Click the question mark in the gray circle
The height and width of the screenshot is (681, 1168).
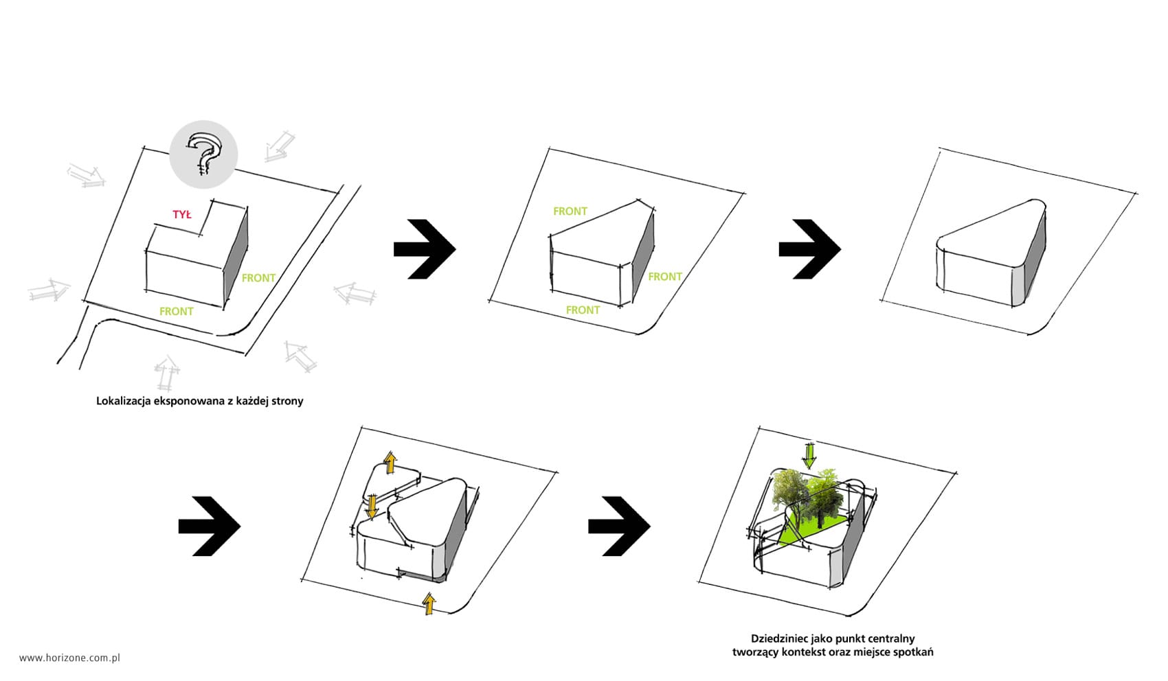[204, 154]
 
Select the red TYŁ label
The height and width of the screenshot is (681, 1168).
[182, 214]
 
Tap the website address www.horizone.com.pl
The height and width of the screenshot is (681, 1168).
[69, 658]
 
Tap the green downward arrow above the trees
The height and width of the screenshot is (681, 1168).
[809, 455]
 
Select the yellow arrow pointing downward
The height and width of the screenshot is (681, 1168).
[371, 507]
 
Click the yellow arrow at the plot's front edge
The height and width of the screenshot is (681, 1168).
[429, 603]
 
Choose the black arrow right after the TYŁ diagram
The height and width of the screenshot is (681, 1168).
[425, 249]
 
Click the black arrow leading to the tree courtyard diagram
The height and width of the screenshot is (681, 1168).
[619, 527]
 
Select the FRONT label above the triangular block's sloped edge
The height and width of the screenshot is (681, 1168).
[570, 211]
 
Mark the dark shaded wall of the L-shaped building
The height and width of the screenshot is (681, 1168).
[236, 255]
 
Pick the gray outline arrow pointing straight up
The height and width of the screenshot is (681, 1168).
[167, 373]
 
